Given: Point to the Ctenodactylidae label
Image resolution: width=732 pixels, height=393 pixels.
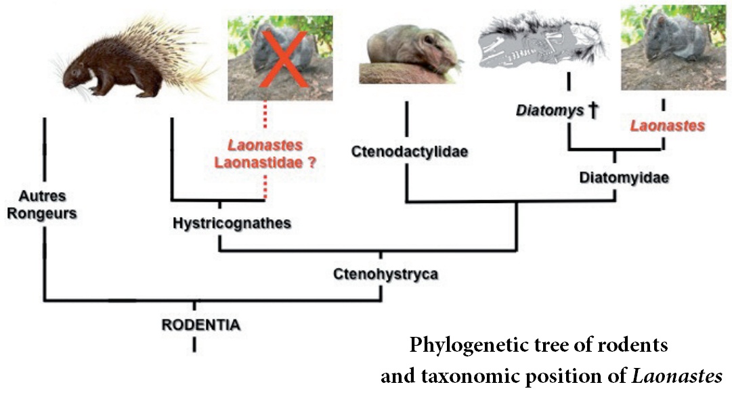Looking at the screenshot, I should (x=410, y=152).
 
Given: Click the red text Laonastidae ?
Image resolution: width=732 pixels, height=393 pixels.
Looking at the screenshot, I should (x=265, y=162).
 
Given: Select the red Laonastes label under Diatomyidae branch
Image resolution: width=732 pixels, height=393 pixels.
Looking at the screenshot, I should (x=668, y=126).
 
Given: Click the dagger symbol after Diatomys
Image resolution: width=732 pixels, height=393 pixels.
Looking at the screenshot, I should (x=593, y=111).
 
